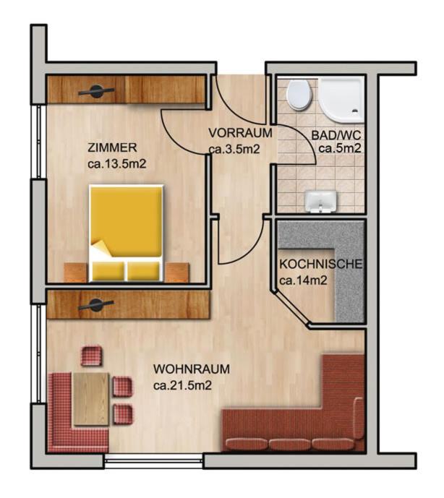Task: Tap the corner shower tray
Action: [x=342, y=100]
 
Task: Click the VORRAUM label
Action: [x=240, y=133]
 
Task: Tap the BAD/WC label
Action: [x=336, y=135]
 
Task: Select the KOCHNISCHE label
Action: [x=320, y=264]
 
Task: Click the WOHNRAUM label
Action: [x=192, y=369]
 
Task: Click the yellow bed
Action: [x=125, y=231]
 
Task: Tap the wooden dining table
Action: [x=91, y=398]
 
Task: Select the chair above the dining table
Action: [x=92, y=356]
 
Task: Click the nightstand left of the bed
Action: [x=75, y=272]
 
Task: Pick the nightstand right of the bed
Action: [x=176, y=272]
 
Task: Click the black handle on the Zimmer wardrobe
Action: [x=96, y=90]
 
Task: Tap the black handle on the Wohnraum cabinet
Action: [x=96, y=304]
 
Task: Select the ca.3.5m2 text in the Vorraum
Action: [x=234, y=150]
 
